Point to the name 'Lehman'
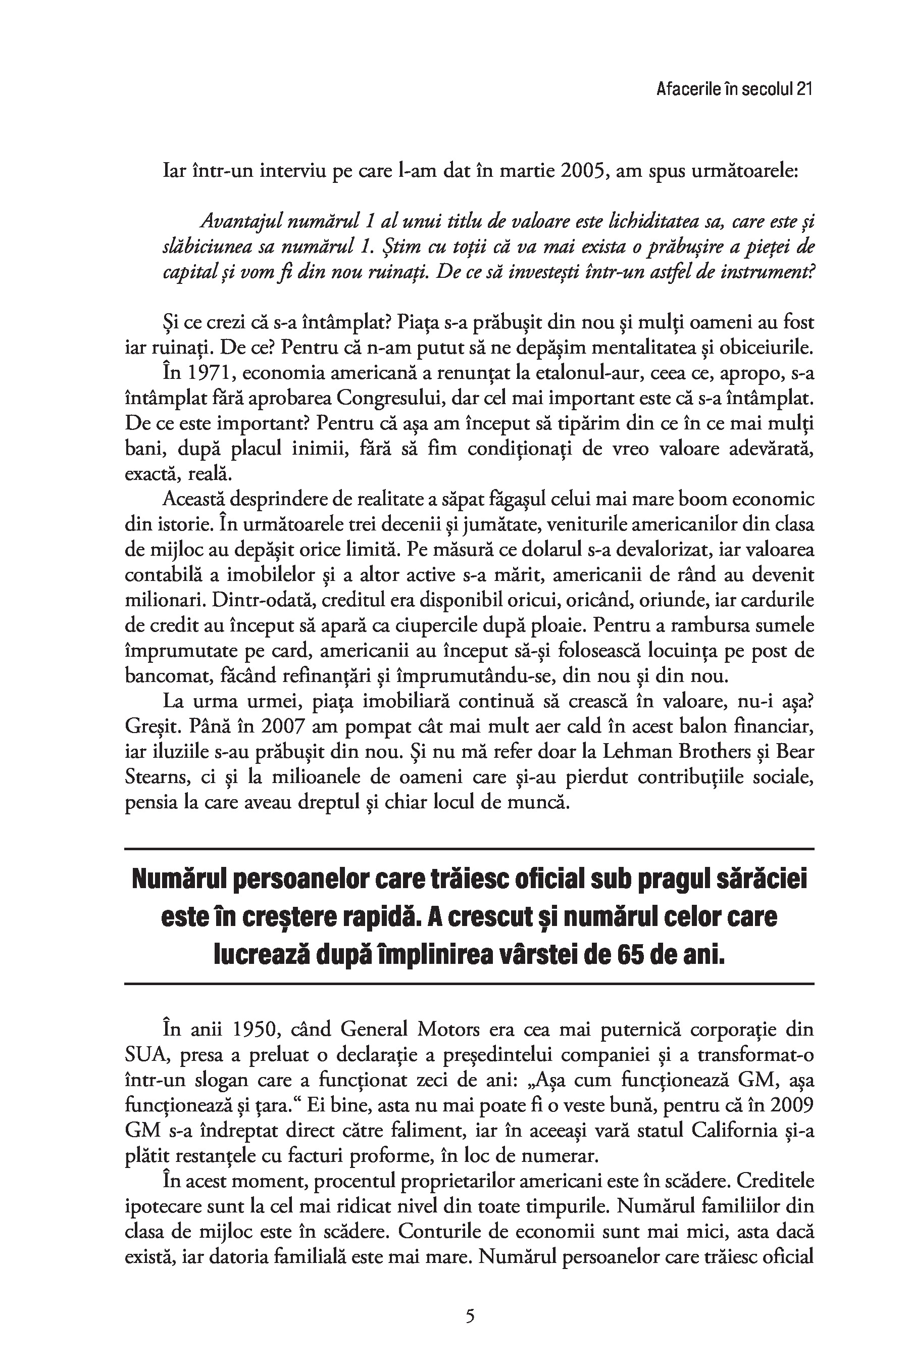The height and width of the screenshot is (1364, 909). pos(635,752)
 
